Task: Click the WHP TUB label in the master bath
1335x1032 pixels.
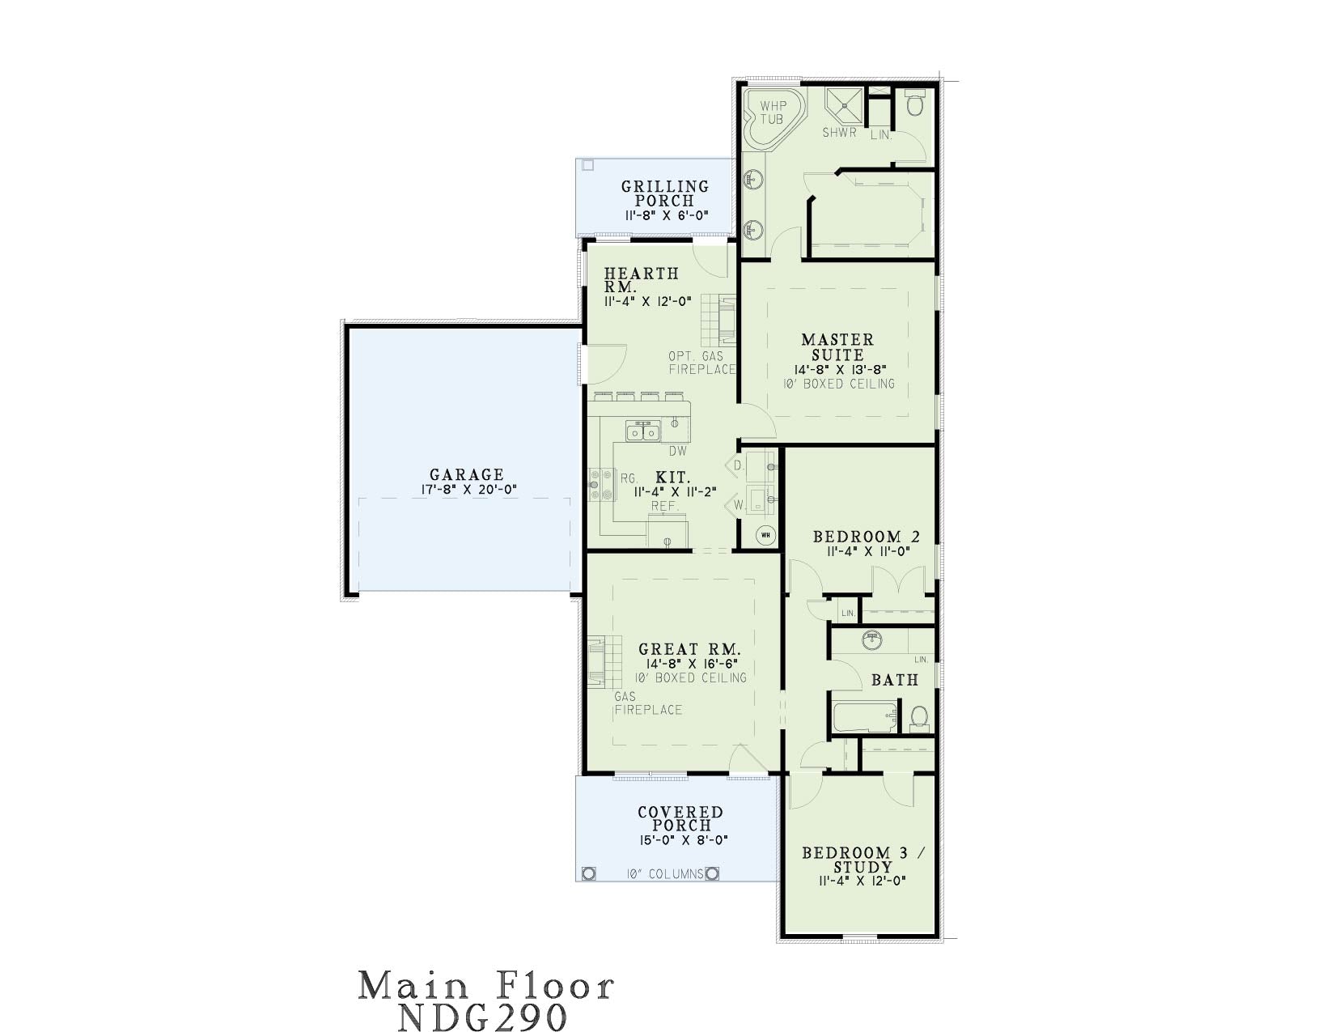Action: point(773,113)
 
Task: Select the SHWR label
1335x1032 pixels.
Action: point(839,133)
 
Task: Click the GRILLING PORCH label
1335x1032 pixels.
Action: point(665,193)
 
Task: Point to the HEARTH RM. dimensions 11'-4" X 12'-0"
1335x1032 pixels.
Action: point(648,302)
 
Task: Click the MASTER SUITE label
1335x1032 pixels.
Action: point(837,347)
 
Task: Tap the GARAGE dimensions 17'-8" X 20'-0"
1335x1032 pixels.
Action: point(468,490)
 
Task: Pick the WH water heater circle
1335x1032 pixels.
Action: point(765,535)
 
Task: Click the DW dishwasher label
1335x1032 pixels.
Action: point(678,451)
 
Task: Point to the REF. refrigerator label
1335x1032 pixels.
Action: point(665,507)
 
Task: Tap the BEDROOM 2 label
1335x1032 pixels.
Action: point(867,537)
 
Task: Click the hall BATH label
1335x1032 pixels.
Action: point(895,680)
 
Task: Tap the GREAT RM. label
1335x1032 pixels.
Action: point(690,649)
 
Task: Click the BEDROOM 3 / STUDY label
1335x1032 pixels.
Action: point(863,860)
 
